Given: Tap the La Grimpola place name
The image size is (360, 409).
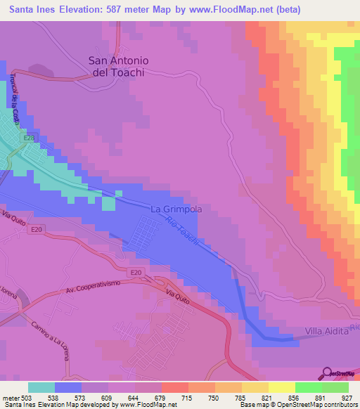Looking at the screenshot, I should (x=176, y=209).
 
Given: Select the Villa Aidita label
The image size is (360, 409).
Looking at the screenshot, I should (x=327, y=331).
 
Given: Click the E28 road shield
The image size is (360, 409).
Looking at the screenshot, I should (x=28, y=138).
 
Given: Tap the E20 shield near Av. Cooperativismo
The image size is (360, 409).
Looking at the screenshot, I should (x=136, y=272).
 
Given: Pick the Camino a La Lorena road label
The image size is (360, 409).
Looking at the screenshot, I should (x=50, y=340).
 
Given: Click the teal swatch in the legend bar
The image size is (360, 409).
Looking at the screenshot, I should (x=41, y=387).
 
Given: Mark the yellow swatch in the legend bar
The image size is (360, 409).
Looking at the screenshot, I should (x=282, y=387).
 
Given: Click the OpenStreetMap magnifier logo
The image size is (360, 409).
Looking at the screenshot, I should (x=328, y=372).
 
